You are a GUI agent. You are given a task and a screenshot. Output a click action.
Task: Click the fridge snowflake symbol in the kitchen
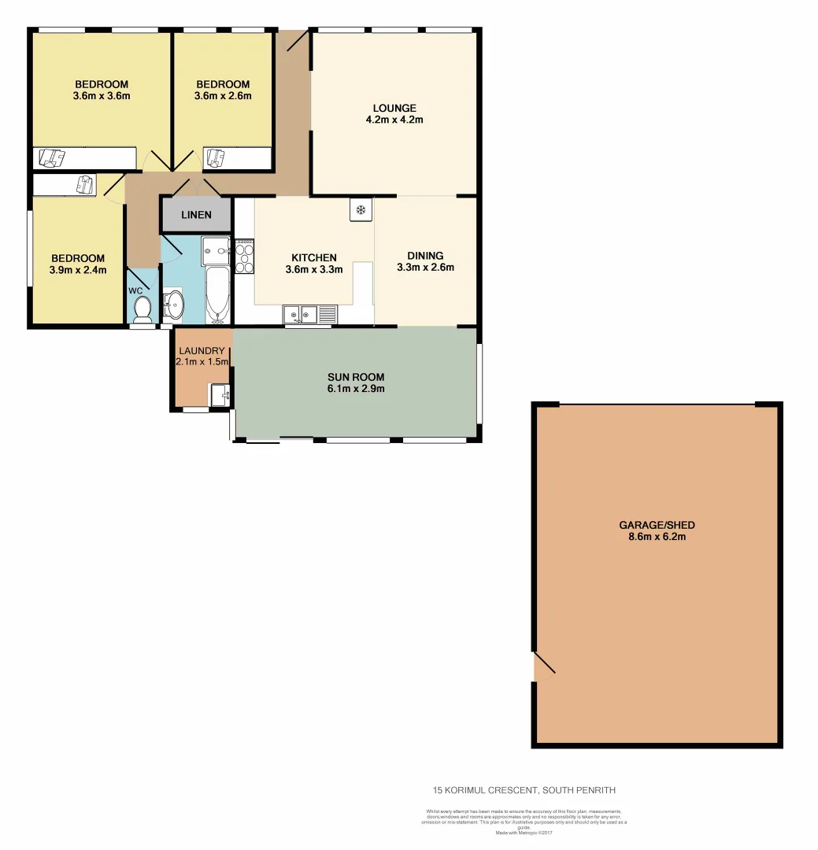coord(361,210)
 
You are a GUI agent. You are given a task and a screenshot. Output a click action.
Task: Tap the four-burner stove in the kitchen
coord(244,257)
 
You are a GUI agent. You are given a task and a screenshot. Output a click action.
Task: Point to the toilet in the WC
coord(143,310)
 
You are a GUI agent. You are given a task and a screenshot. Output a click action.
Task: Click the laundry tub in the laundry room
coord(220,394)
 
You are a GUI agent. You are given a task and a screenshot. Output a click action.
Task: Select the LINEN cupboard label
coord(196,215)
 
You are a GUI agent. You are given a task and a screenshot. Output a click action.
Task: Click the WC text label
coord(135,290)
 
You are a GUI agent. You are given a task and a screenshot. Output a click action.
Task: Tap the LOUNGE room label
coord(395,108)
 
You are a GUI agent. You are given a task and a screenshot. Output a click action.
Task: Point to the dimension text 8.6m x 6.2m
coord(657,537)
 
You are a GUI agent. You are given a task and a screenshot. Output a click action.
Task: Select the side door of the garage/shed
coord(544,666)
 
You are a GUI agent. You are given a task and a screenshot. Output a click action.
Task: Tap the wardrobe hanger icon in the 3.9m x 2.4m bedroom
coord(83,185)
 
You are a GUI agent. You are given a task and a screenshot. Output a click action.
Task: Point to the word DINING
coord(425,255)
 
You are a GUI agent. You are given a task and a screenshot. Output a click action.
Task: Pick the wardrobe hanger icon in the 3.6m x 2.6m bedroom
coord(214,158)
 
